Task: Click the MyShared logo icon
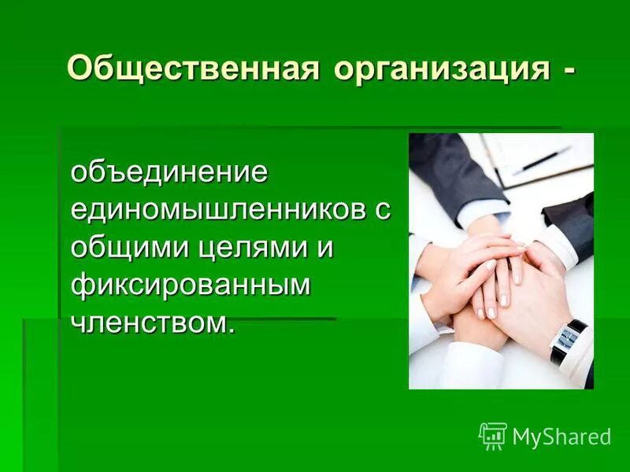click(x=493, y=435)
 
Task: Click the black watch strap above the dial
click(x=578, y=325)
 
